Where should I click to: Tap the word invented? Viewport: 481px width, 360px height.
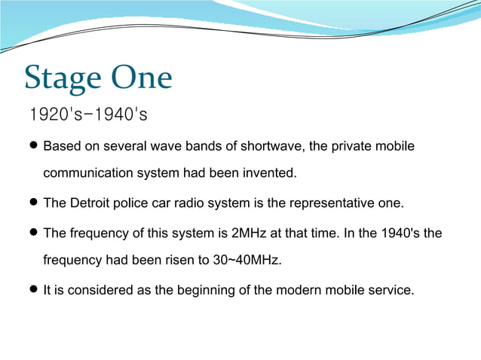[271, 173]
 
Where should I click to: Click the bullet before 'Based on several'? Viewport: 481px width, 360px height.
[34, 145]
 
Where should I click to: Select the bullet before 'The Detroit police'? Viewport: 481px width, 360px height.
[34, 203]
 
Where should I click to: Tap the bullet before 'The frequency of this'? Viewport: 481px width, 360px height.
[34, 233]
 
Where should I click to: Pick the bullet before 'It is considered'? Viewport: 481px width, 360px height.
[34, 289]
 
